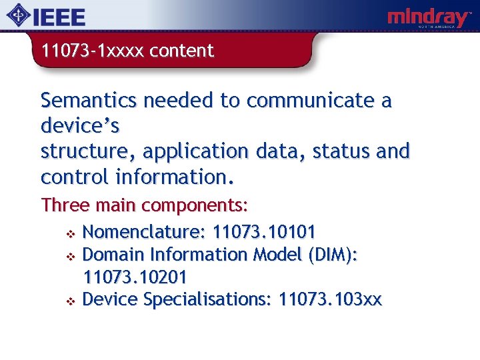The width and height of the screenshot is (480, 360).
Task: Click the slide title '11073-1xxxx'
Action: (x=92, y=51)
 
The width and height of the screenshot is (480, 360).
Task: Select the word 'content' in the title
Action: (x=181, y=51)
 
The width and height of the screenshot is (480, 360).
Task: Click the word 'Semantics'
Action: (x=89, y=101)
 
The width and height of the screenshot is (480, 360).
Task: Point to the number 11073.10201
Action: (x=134, y=277)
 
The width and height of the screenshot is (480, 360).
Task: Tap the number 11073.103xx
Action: (x=330, y=299)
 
